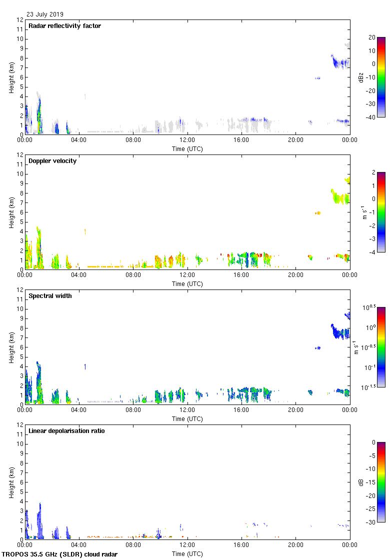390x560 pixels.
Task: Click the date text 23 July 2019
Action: (x=45, y=14)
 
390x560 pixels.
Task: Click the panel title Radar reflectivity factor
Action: (x=64, y=26)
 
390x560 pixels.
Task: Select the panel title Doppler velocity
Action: (x=52, y=161)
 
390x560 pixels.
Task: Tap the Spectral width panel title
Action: (x=50, y=296)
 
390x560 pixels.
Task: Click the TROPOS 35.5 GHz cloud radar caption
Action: (x=60, y=554)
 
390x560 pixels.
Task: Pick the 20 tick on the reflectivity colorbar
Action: (x=371, y=37)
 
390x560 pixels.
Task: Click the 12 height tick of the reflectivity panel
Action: (x=20, y=20)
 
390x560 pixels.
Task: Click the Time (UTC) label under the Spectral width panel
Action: (x=187, y=418)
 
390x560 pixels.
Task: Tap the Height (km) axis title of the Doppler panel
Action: (x=11, y=212)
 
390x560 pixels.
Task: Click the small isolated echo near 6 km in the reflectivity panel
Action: (x=317, y=78)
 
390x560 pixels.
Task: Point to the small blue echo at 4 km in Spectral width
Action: (x=85, y=366)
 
